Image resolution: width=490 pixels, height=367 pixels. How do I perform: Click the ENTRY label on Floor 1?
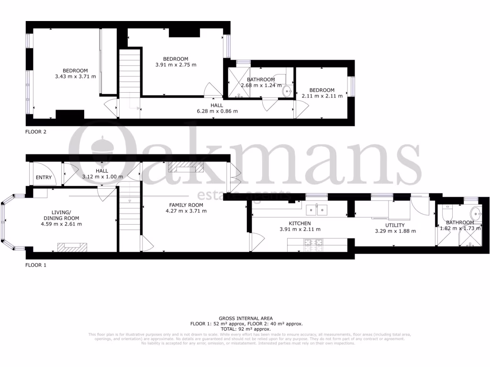[x=44, y=178]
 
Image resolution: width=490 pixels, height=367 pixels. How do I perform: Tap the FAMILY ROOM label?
[x=184, y=205]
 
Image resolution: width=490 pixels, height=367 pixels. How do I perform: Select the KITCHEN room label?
[x=300, y=223]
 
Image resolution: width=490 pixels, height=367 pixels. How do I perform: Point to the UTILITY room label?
[x=395, y=225]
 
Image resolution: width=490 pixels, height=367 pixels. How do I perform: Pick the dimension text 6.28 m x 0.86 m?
[x=217, y=111]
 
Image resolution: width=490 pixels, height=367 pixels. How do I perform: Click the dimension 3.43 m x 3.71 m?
[x=75, y=76]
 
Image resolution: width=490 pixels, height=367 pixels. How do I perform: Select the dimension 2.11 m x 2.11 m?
[x=322, y=96]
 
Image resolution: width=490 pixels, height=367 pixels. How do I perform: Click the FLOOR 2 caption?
[x=36, y=131]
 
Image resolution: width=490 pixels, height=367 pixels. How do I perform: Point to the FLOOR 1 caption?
[x=36, y=264]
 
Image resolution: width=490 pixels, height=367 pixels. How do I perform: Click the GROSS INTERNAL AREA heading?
[x=245, y=318]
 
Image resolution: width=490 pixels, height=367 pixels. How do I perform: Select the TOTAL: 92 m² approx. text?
[x=245, y=329]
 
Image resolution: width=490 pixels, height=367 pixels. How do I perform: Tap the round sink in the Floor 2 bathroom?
[x=288, y=91]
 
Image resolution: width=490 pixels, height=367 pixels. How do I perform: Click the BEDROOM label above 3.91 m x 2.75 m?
[x=176, y=59]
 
